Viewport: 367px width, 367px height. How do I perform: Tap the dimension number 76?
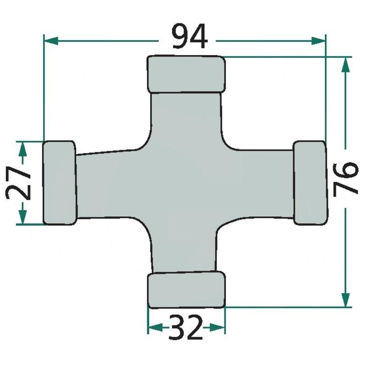pos(346,178)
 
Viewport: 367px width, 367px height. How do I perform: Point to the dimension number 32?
pos(185,327)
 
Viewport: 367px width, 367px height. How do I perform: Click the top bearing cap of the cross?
pos(186,74)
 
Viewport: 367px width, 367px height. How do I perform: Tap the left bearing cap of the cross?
pos(60,183)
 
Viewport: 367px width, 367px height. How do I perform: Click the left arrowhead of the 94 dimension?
pos(51,40)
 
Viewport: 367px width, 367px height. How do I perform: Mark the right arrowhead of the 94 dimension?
pos(318,40)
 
